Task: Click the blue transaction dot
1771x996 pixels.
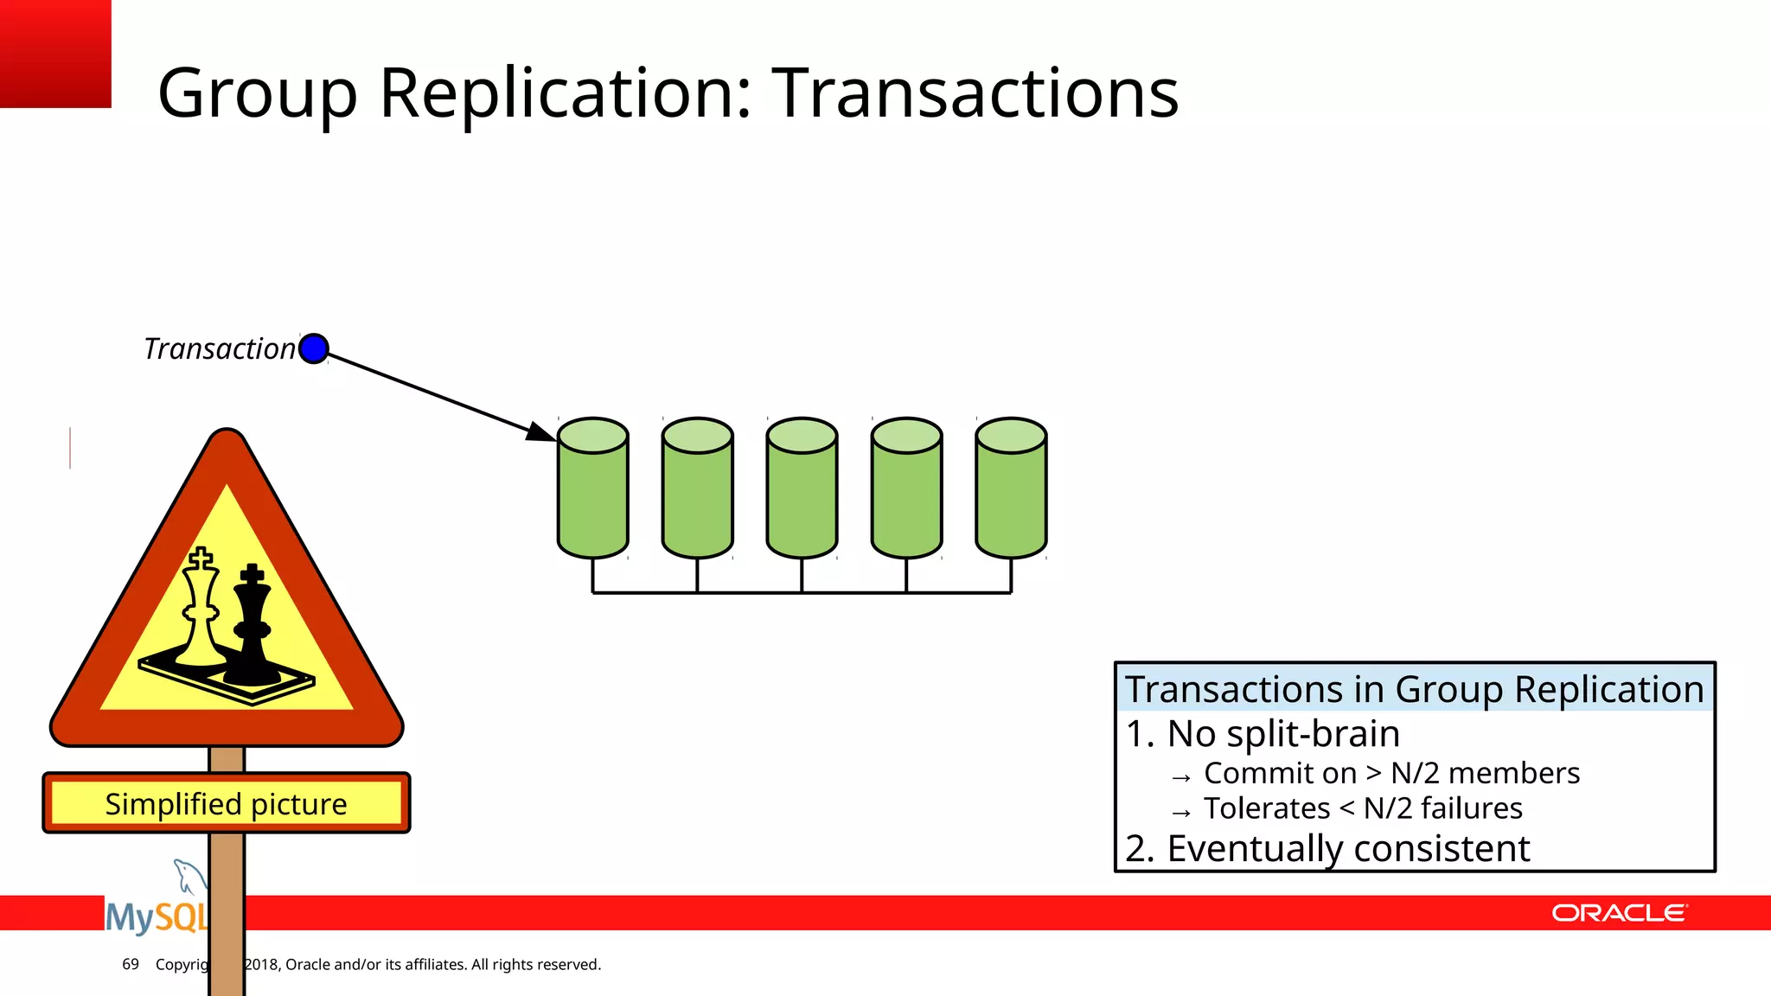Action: tap(313, 348)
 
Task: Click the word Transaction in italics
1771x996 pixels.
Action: tap(220, 348)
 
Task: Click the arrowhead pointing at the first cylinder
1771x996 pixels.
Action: tap(543, 431)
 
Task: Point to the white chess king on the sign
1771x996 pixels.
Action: tap(201, 610)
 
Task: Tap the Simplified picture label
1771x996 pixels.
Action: tap(227, 803)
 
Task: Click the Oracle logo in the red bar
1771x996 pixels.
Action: tap(1619, 913)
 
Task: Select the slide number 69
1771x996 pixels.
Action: tap(131, 964)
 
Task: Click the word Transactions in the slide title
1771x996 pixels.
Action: tap(975, 93)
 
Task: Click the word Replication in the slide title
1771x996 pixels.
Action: tap(566, 93)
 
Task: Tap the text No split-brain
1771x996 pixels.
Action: tap(1283, 734)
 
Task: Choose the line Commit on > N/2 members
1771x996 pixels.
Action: tap(1391, 773)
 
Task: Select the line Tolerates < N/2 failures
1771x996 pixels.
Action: tap(1362, 808)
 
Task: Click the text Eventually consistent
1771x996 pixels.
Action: tap(1347, 848)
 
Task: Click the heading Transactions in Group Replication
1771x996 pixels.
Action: tap(1415, 689)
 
